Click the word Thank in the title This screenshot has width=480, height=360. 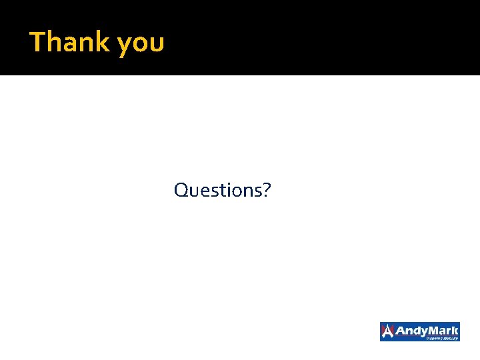(x=70, y=42)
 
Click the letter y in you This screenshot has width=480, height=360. (x=124, y=45)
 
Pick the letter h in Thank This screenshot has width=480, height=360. (x=54, y=41)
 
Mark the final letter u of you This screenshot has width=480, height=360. (x=157, y=44)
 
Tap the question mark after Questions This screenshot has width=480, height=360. (x=267, y=190)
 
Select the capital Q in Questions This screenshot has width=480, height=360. (x=181, y=191)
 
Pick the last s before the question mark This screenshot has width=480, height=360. (x=257, y=191)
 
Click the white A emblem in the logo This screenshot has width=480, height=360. (x=388, y=331)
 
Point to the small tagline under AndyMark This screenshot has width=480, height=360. (x=443, y=338)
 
